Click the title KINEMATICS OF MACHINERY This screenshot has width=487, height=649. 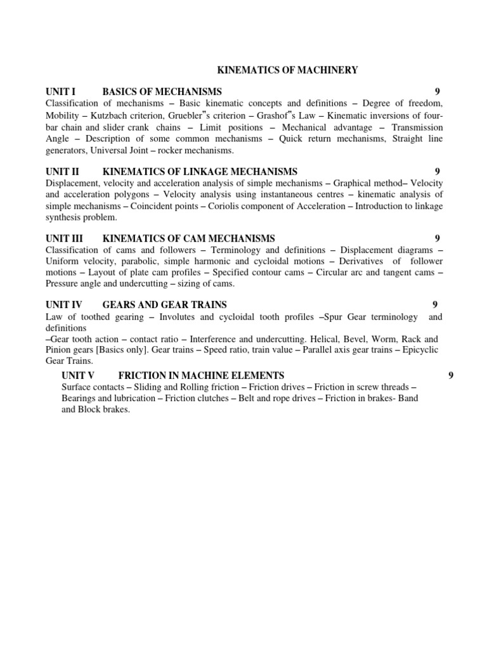pos(288,70)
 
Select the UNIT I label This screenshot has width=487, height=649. pos(61,91)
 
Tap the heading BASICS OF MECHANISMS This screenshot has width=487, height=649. pos(162,91)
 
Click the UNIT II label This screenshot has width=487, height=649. pos(63,171)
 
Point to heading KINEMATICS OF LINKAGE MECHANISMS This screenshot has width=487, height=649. pos(200,171)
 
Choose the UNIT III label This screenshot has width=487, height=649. pos(65,238)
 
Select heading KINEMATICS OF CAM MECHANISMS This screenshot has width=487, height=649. pos(189,238)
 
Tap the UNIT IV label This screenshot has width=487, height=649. pos(65,305)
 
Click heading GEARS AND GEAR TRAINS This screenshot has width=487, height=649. pos(164,305)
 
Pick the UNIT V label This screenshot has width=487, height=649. pos(79,376)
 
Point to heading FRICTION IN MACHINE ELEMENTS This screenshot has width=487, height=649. pos(201,376)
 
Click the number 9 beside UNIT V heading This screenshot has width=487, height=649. pos(451,376)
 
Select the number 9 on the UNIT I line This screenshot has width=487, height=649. pos(438,91)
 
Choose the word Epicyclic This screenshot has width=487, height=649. pos(418,350)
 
